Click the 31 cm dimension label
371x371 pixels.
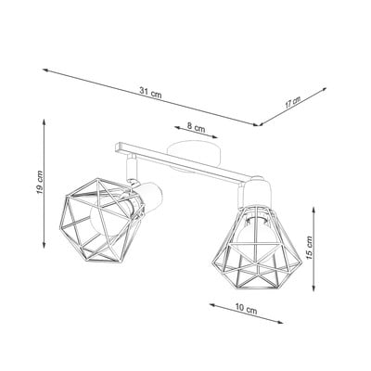150,93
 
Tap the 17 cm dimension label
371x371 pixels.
292,102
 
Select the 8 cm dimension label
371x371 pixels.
196,127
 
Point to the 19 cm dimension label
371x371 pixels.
40,183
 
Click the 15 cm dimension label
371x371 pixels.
309,248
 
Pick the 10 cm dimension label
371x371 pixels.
246,309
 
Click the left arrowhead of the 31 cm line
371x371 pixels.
45,70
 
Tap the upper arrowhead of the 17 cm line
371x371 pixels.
325,88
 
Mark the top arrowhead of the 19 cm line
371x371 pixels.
45,122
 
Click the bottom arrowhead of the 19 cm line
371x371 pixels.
45,245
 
